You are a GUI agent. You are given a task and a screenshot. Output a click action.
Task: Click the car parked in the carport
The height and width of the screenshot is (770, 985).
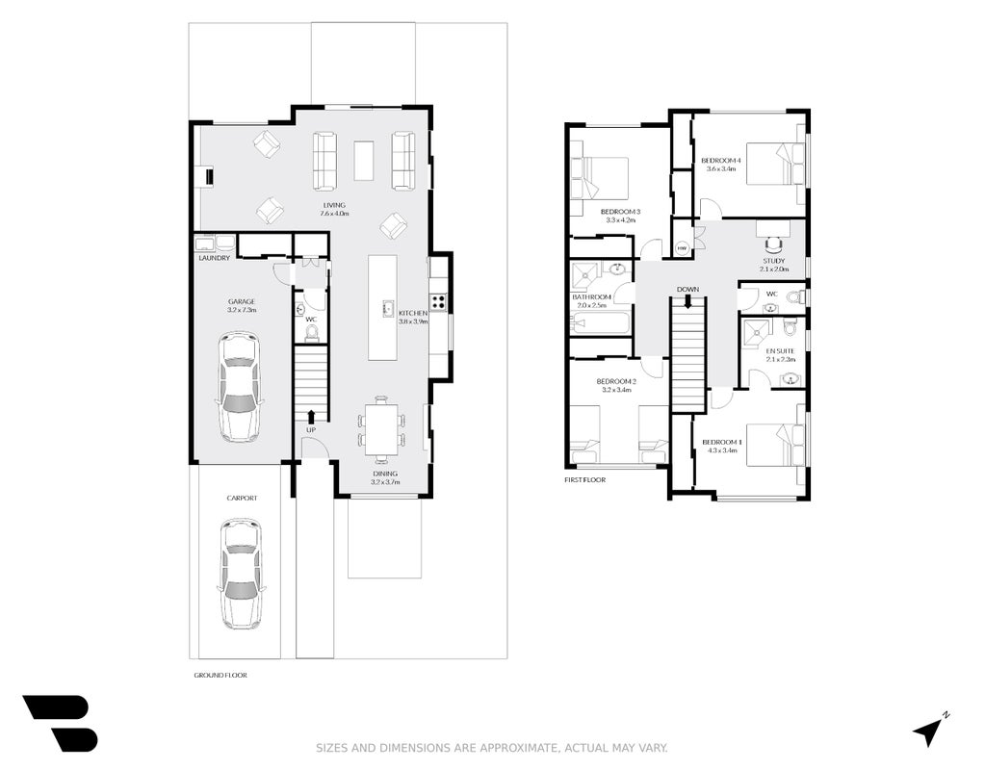tap(240, 574)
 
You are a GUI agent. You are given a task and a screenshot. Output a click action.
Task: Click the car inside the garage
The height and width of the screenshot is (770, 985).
tap(240, 387)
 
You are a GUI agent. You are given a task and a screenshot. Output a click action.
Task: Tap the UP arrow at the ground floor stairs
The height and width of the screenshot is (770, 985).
tap(311, 417)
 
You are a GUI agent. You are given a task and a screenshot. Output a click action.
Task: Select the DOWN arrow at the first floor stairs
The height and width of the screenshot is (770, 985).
tap(687, 301)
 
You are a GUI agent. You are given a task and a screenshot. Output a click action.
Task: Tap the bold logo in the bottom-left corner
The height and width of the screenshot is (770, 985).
tap(61, 723)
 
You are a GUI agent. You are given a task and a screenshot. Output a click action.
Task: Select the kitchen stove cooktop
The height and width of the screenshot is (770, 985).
tap(438, 303)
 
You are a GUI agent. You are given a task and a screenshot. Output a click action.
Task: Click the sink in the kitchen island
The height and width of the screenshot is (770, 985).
tap(387, 308)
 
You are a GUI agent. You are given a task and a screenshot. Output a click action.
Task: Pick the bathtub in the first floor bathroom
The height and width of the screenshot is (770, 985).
tap(600, 323)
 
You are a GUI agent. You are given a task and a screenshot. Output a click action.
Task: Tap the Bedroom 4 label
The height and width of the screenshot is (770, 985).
tap(720, 160)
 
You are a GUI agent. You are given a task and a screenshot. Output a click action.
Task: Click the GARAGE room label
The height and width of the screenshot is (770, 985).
tap(242, 301)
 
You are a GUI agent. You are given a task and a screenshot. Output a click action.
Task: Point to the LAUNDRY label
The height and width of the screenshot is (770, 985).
tap(214, 258)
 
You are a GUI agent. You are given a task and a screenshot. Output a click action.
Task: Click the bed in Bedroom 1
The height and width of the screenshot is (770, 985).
tap(775, 446)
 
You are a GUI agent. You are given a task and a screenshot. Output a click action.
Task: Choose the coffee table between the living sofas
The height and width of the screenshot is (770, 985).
tap(363, 161)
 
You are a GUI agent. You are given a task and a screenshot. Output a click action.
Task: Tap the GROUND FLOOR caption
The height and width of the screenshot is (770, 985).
tap(220, 675)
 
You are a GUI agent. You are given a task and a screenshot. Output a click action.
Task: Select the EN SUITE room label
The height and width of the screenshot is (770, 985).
tap(780, 351)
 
